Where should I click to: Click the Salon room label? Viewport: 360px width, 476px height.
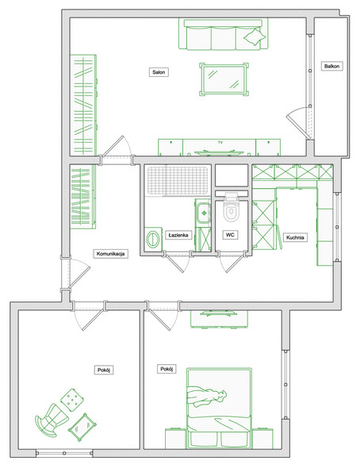click(x=159, y=72)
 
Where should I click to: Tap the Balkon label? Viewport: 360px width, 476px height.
click(x=331, y=66)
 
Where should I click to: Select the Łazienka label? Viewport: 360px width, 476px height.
click(x=178, y=235)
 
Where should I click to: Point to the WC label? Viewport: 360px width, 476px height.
click(x=230, y=235)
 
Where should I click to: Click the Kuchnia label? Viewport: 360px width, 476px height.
click(x=295, y=237)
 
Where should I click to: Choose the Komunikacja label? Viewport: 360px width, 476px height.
click(x=110, y=254)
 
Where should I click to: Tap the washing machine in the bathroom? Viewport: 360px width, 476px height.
click(x=153, y=239)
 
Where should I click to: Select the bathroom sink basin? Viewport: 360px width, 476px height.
click(x=204, y=213)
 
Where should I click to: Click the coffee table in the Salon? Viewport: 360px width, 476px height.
click(x=224, y=79)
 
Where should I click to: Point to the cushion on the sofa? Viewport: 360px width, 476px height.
click(x=255, y=37)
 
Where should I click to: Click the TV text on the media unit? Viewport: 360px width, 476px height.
click(x=220, y=142)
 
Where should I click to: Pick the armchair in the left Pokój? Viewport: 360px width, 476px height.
click(x=51, y=420)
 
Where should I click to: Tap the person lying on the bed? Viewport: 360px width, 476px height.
click(x=206, y=396)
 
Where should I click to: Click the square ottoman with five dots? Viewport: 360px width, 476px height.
click(x=72, y=400)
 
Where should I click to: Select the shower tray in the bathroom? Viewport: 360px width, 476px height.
click(x=178, y=180)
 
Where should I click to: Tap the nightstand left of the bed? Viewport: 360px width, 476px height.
click(x=175, y=439)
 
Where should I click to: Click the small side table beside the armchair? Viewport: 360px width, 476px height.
click(x=82, y=427)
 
